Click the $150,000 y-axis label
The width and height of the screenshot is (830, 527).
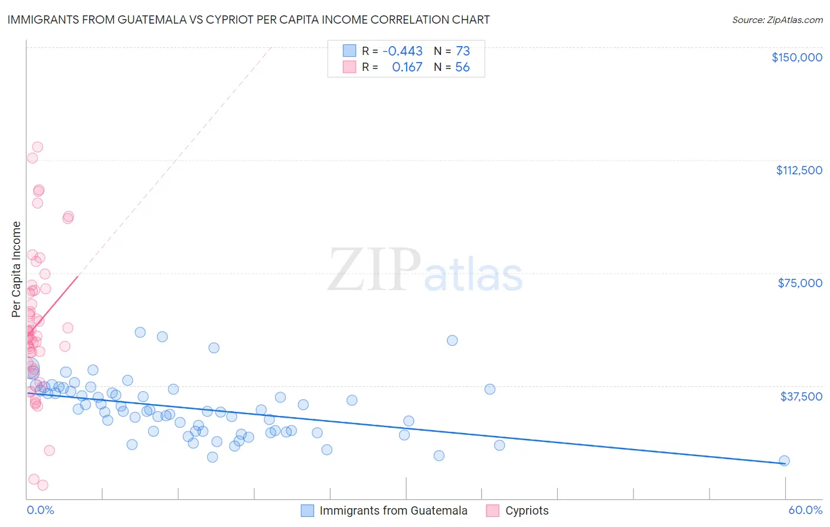[x=796, y=57]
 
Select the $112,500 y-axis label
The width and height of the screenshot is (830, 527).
[x=799, y=170]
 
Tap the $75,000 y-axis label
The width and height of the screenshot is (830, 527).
[x=800, y=283]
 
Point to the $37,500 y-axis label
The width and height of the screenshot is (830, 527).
[x=801, y=396]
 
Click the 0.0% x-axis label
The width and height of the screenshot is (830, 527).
[x=40, y=510]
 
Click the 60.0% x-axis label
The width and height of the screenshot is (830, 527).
[x=805, y=510]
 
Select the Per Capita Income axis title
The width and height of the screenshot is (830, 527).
[x=17, y=269]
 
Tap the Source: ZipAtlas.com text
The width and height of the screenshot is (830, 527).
[x=777, y=20]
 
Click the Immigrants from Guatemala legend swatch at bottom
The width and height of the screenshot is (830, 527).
[x=307, y=510]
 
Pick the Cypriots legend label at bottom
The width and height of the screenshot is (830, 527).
[x=527, y=510]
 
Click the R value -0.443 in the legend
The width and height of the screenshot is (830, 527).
[x=403, y=51]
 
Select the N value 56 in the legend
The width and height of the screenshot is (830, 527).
[x=462, y=67]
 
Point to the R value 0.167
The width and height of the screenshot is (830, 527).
[x=407, y=67]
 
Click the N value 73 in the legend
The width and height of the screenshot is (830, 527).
[x=463, y=51]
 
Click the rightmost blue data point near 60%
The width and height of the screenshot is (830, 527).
[x=784, y=461]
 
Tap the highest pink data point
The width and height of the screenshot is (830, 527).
[x=37, y=147]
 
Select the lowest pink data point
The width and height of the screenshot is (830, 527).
[x=43, y=485]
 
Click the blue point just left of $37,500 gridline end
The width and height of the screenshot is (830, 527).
[x=489, y=389]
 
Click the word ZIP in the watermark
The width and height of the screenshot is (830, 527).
[x=374, y=271]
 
